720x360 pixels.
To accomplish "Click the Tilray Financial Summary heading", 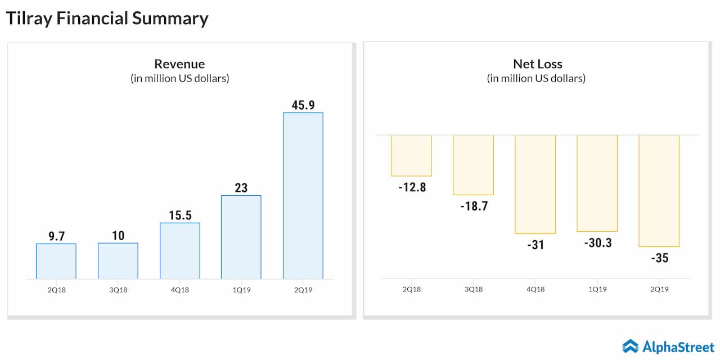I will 107,19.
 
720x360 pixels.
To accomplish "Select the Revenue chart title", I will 179,64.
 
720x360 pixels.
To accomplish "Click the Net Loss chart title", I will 537,64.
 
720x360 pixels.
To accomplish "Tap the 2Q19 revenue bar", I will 303,196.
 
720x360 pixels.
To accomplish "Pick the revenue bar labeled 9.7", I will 56,261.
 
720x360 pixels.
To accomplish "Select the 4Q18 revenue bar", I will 180,251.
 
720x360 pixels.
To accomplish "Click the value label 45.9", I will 303,105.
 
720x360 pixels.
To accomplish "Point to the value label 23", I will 241,187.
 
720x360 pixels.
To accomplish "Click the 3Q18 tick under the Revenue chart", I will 118,290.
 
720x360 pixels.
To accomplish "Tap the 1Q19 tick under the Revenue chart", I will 241,290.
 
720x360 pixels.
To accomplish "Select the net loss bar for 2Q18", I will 411,156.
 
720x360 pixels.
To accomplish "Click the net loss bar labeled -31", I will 535,184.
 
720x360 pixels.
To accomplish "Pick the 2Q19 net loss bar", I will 659,191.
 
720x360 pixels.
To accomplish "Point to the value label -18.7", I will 473,206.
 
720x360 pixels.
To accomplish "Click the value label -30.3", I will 597,243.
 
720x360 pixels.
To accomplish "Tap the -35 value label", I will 659,258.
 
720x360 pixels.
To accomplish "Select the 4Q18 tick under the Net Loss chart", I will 535,289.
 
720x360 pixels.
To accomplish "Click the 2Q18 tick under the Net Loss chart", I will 411,289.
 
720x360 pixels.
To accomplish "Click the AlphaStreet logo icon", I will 630,346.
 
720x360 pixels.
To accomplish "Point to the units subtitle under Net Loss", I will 536,78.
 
